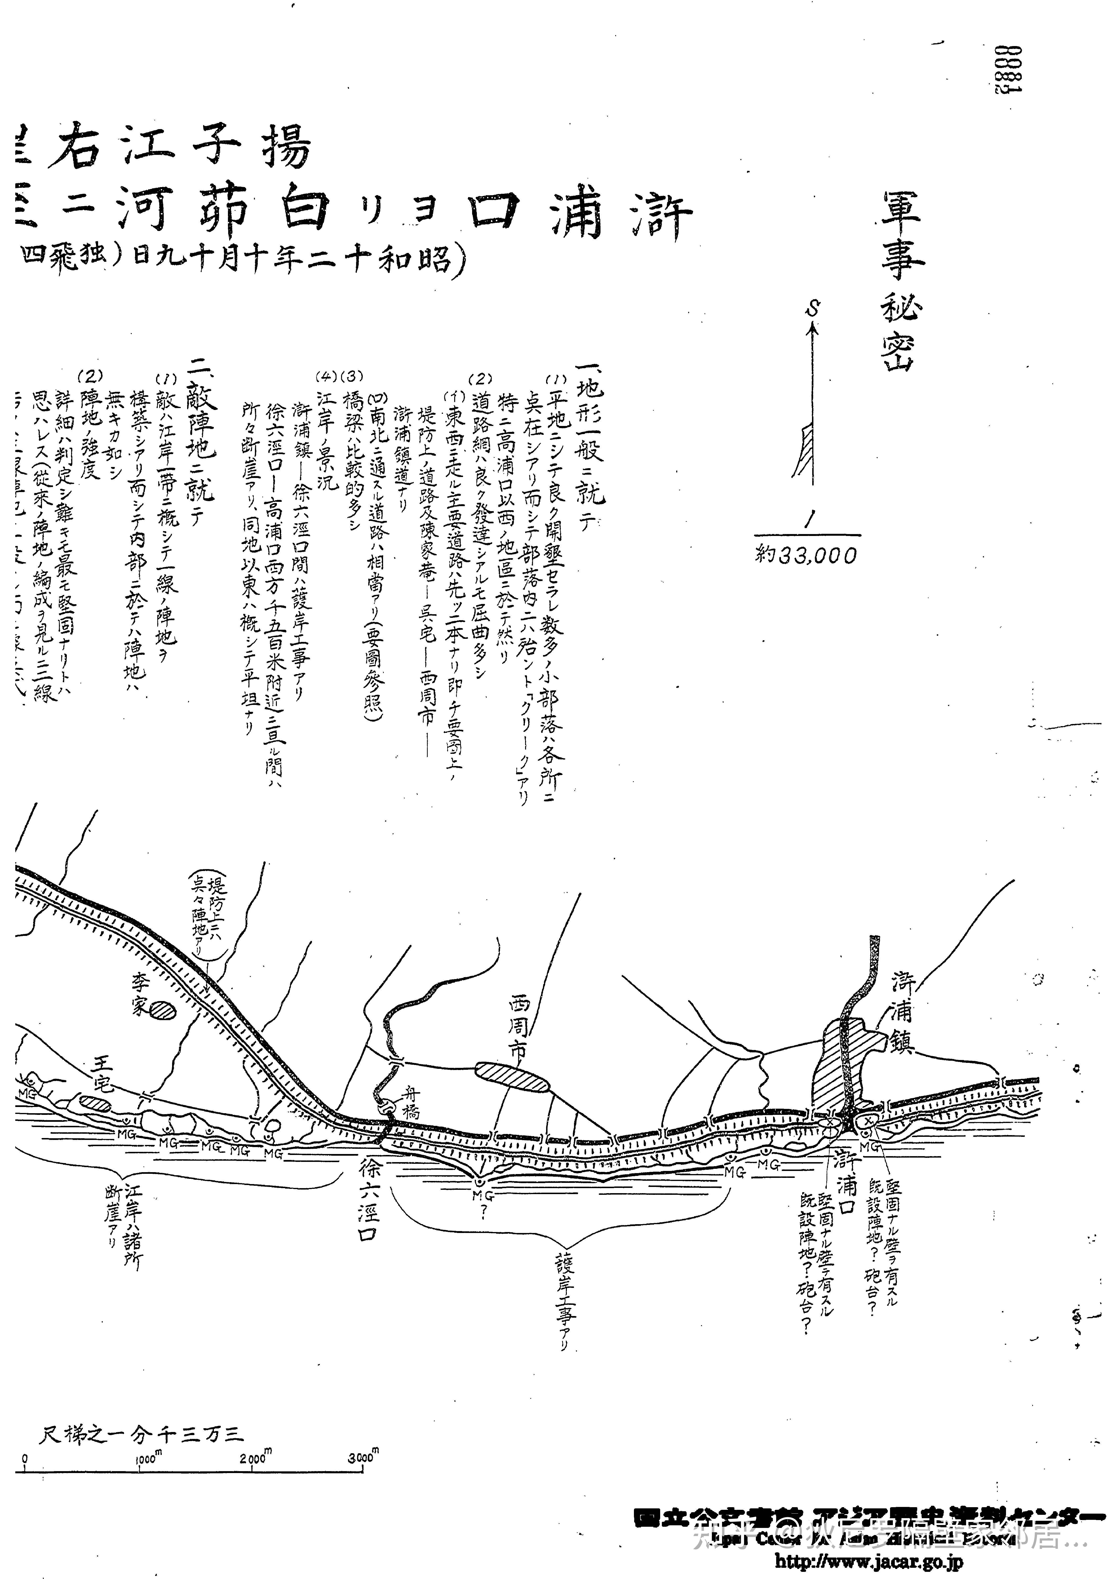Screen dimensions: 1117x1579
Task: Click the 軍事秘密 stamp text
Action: (x=902, y=282)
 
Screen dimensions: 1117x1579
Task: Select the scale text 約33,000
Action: (x=806, y=555)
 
